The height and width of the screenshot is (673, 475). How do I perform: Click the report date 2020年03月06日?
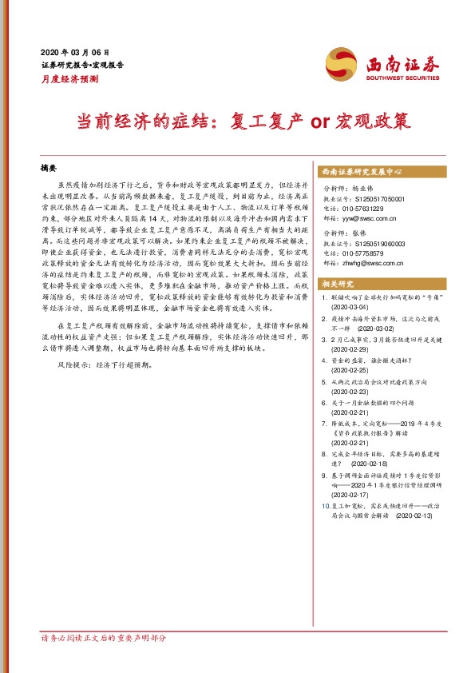point(75,50)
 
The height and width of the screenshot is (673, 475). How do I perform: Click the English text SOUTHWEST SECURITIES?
point(402,78)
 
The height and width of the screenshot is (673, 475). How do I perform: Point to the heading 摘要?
point(49,169)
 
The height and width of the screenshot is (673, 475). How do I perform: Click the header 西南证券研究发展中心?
point(360,172)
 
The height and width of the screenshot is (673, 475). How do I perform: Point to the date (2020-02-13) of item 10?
point(413,516)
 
